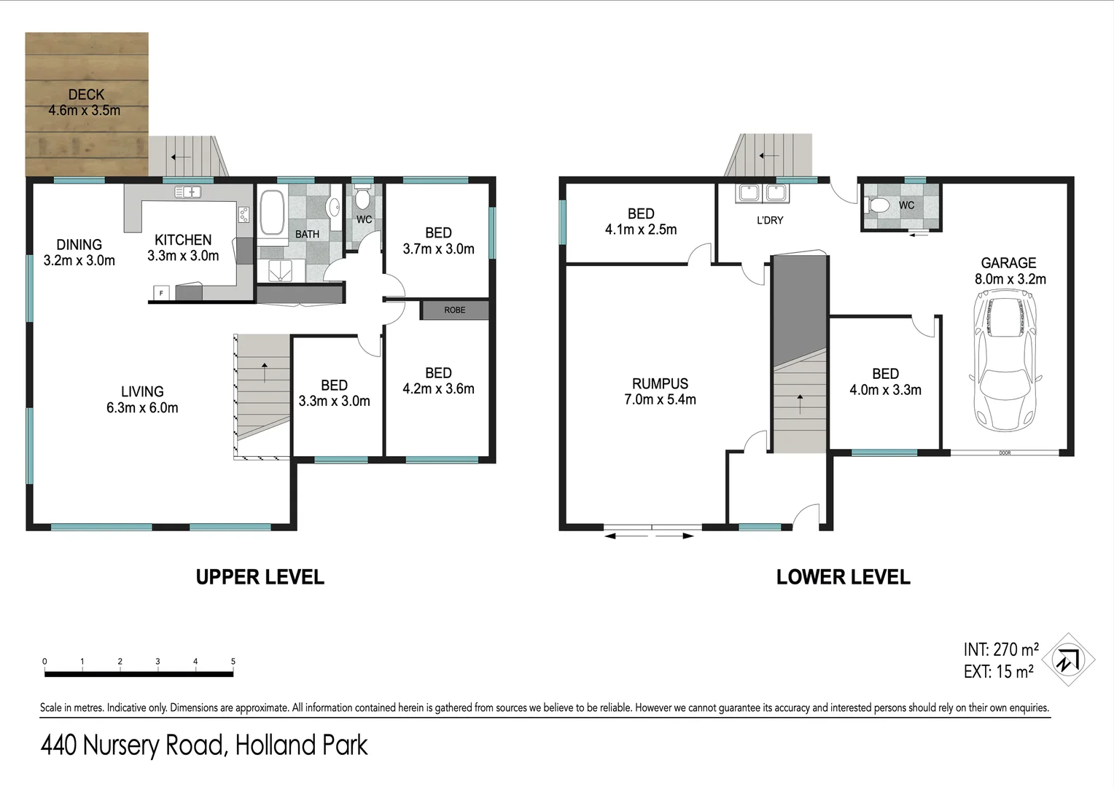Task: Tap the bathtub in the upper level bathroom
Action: tap(273, 212)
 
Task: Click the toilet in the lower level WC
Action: tap(878, 206)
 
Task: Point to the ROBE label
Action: tap(454, 310)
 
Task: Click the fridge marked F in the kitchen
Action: tap(161, 293)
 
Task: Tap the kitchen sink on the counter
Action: tap(188, 192)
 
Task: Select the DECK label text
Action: tap(86, 95)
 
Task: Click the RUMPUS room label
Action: tap(660, 383)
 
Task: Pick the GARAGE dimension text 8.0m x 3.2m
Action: tap(1010, 279)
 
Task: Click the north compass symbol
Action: tap(1068, 660)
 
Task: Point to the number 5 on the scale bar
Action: tap(233, 662)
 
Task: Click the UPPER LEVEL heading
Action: tap(260, 577)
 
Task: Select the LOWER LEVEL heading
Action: tap(843, 577)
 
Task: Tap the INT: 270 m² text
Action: tap(1000, 649)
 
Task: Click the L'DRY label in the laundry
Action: tap(769, 220)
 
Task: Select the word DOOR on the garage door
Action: tap(1005, 453)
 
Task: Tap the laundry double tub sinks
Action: tap(762, 193)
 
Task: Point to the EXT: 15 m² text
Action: tap(998, 672)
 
